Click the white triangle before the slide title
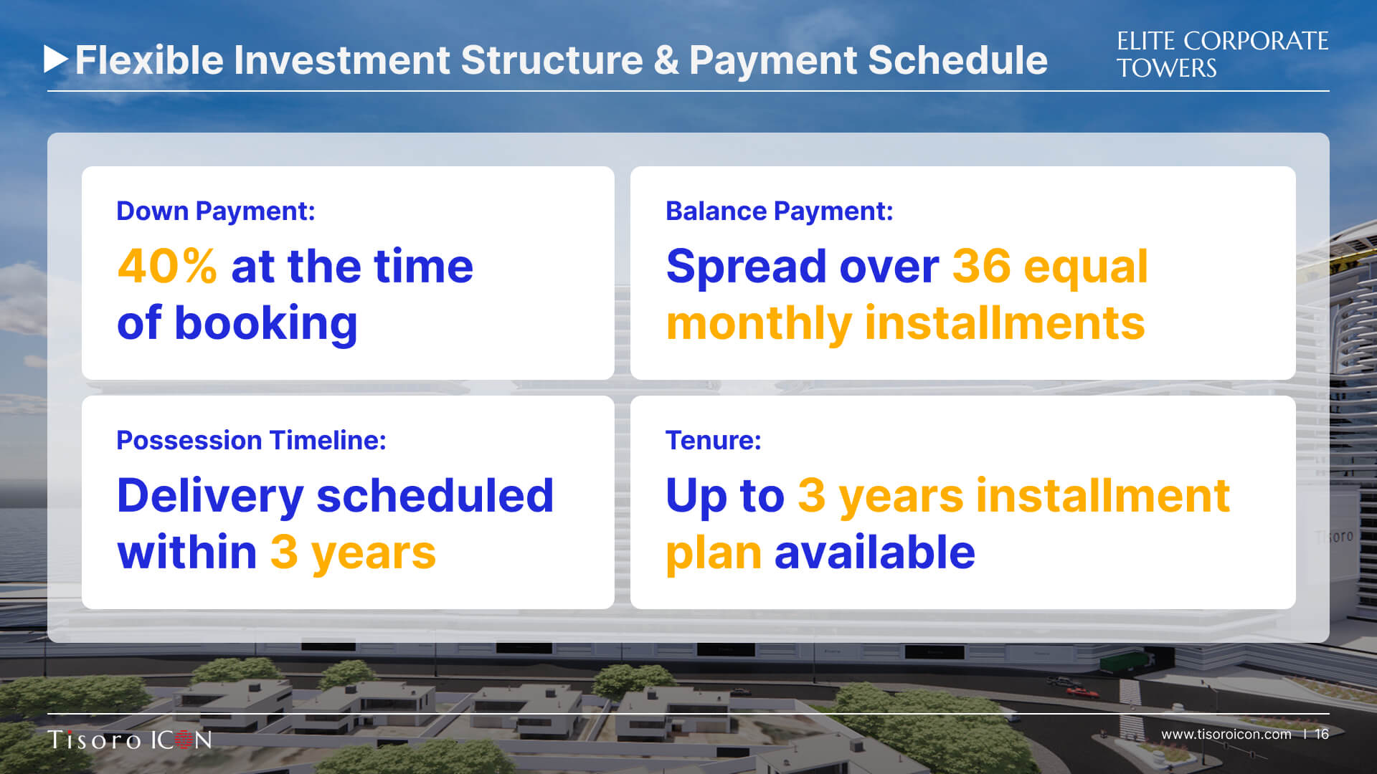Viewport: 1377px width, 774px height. tap(56, 59)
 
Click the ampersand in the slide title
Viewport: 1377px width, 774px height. tap(666, 60)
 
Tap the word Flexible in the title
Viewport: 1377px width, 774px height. tap(149, 59)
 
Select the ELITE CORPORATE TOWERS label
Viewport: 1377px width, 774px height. tap(1222, 54)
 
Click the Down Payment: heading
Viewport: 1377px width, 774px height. tap(216, 211)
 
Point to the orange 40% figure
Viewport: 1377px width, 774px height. tap(167, 266)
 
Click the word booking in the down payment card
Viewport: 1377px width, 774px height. tap(265, 324)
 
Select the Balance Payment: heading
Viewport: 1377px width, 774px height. tap(780, 211)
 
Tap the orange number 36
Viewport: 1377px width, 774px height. tap(980, 266)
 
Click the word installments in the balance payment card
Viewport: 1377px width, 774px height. tap(1005, 323)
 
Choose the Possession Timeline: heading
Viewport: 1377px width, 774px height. tap(252, 440)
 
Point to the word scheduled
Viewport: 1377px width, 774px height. tap(435, 494)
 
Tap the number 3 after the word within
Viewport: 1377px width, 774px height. tap(284, 553)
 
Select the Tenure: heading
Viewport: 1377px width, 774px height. tap(714, 440)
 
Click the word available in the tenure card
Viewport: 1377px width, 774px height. tap(875, 553)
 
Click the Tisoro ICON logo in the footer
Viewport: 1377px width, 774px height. tap(130, 740)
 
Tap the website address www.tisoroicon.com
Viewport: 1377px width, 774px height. tap(1226, 734)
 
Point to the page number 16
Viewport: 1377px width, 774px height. tap(1322, 734)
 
